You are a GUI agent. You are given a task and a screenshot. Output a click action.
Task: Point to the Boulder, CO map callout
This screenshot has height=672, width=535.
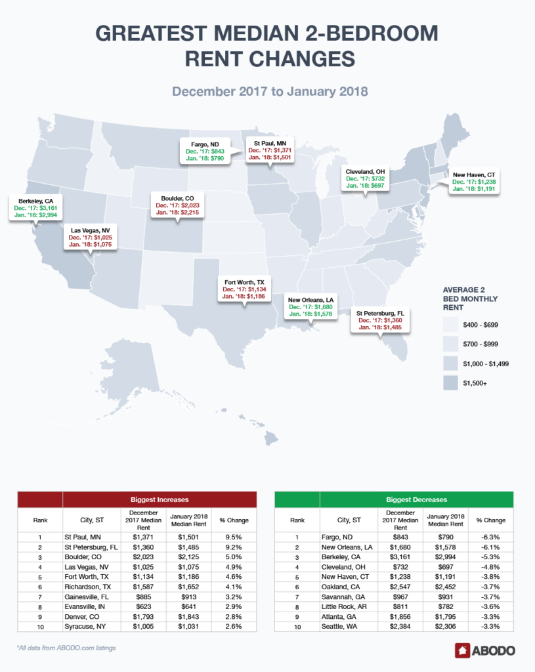point(174,205)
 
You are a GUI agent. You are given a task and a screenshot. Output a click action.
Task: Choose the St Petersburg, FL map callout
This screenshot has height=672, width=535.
point(379,320)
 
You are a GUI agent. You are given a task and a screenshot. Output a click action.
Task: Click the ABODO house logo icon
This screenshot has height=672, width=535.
point(463,650)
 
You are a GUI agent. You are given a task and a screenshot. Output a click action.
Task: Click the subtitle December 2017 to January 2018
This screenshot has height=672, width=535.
point(270,91)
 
